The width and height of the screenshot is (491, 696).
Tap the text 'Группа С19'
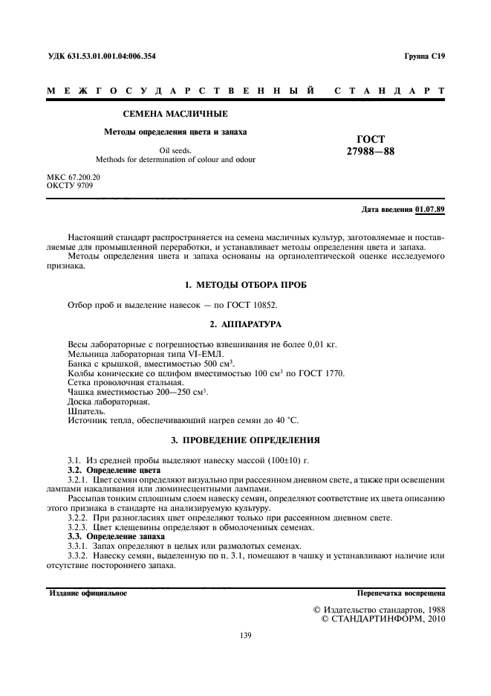click(424, 57)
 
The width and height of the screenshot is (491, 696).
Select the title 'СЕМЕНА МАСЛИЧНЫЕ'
click(175, 114)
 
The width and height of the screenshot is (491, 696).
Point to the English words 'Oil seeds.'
click(175, 150)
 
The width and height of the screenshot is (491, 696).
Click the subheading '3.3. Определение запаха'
click(116, 536)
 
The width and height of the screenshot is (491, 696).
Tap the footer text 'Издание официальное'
click(88, 593)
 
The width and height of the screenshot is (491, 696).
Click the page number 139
click(246, 635)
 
